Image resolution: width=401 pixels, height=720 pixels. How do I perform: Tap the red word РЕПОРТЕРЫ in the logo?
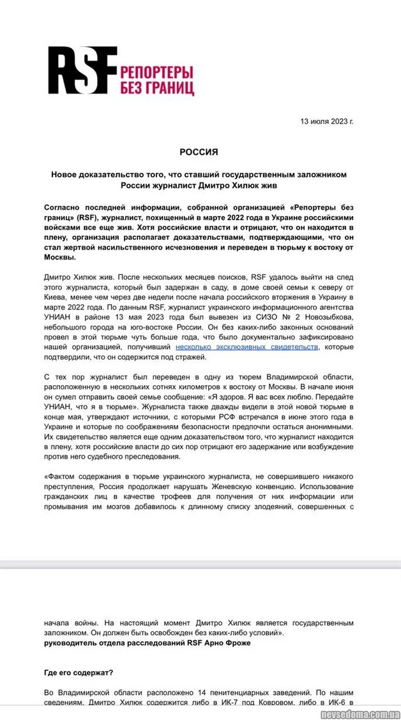pos(157,71)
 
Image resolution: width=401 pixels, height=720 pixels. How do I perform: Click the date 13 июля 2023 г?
pos(327,121)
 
